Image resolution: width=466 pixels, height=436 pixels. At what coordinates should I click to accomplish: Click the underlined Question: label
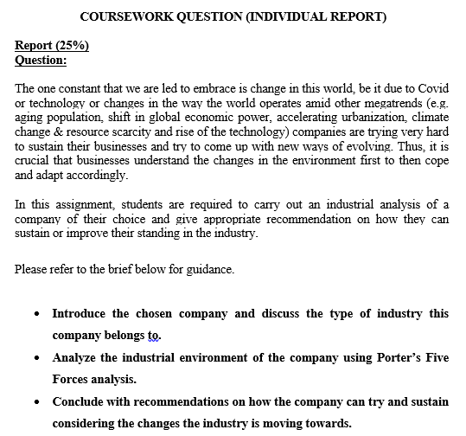click(41, 60)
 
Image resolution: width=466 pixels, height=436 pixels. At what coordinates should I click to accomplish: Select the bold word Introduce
click(81, 313)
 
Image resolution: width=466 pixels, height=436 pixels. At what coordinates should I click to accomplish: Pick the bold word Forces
click(73, 378)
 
